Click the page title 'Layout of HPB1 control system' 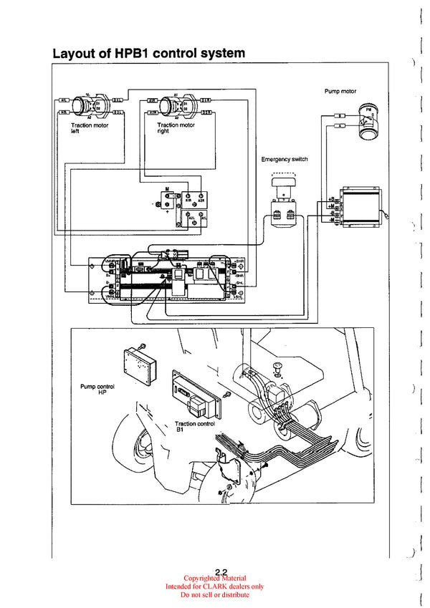(x=148, y=53)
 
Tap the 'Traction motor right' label (x=176, y=128)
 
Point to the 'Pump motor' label (x=340, y=92)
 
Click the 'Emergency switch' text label (x=285, y=159)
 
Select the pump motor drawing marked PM (x=368, y=121)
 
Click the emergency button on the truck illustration (x=277, y=367)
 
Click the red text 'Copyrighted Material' (x=215, y=579)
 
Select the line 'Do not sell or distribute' (x=215, y=594)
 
